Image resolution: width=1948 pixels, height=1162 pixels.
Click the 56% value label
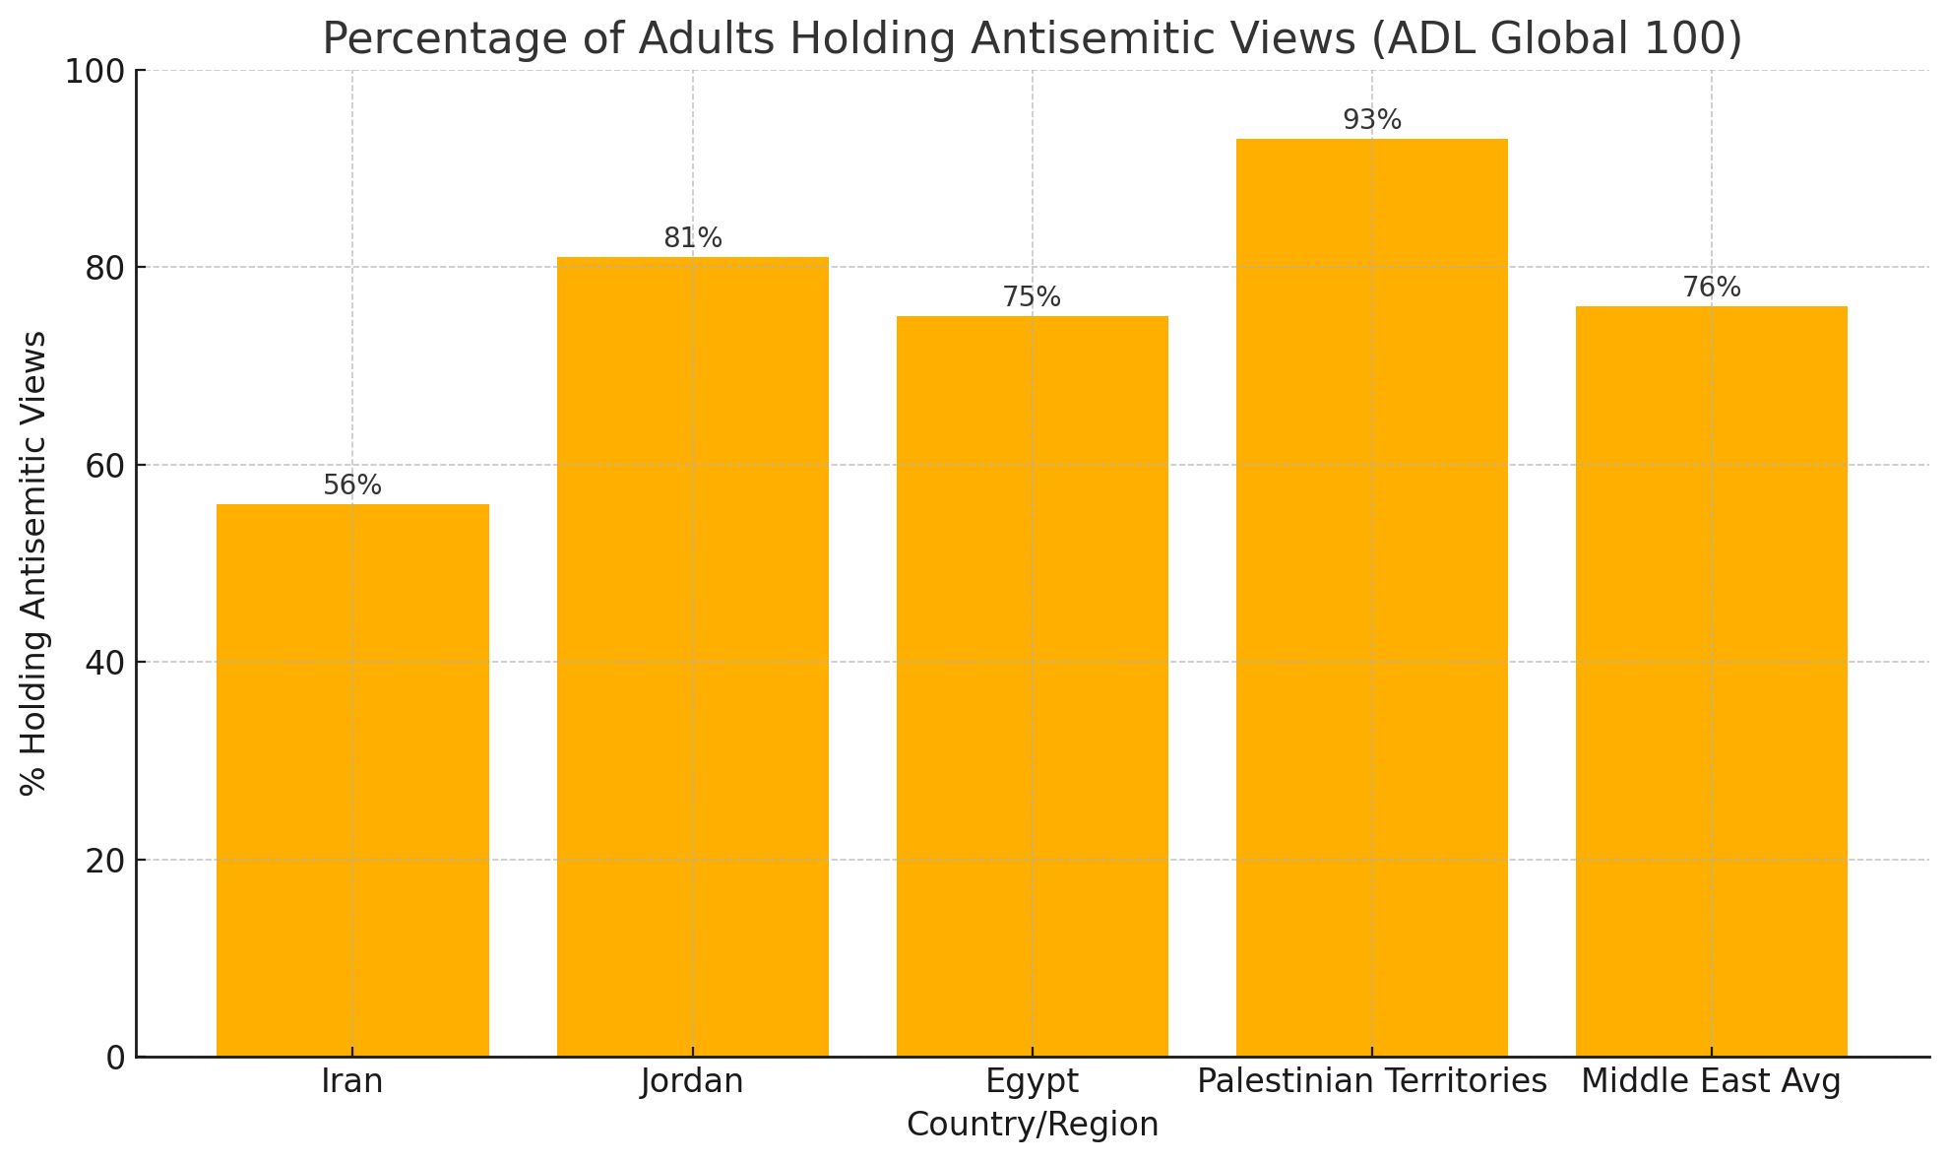(x=352, y=485)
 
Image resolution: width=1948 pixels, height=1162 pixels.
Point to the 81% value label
(x=692, y=238)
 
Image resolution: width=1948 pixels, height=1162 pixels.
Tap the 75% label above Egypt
(x=1032, y=297)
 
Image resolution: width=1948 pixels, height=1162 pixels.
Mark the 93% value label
(x=1371, y=120)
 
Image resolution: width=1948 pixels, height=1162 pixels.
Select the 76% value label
(x=1711, y=288)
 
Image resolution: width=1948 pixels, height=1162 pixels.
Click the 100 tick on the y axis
(x=95, y=71)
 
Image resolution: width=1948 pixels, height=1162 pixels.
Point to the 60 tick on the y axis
(x=105, y=466)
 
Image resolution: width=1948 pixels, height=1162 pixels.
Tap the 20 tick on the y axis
(x=105, y=861)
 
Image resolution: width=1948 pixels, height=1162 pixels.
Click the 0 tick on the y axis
(x=116, y=1059)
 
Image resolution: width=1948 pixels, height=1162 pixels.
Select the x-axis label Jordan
(x=692, y=1082)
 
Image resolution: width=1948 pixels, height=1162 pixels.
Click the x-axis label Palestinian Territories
(x=1371, y=1082)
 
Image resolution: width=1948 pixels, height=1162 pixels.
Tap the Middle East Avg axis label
(x=1711, y=1082)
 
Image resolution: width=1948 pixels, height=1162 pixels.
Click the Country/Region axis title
(x=1032, y=1125)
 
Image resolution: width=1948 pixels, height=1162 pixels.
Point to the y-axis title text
(x=33, y=563)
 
